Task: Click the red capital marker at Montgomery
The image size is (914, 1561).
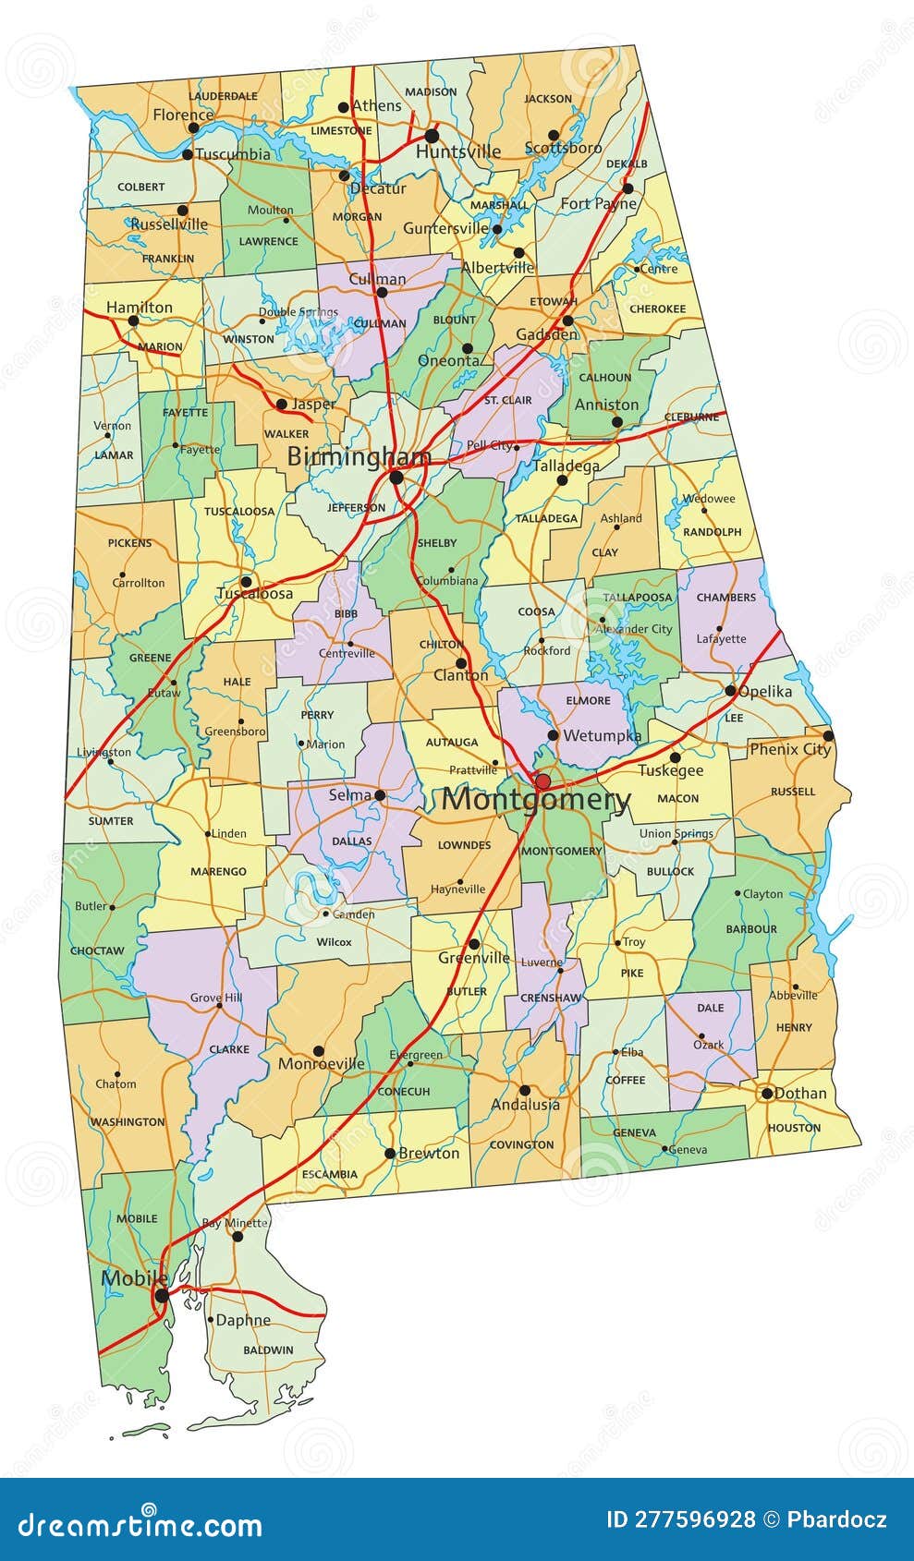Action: (542, 781)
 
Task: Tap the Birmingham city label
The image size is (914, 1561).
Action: (359, 456)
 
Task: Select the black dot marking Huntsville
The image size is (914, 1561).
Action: (432, 136)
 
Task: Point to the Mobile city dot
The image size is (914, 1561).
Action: (162, 1296)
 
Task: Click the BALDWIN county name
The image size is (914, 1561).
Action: (268, 1349)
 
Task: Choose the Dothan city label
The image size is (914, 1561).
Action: (800, 1093)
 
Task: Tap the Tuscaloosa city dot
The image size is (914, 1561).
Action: (246, 582)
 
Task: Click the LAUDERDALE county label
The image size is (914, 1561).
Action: (223, 96)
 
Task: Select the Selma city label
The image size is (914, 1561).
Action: (349, 794)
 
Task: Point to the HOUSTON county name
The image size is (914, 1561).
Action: (794, 1128)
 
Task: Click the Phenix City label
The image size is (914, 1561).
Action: (789, 749)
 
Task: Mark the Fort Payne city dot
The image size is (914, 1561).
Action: (628, 188)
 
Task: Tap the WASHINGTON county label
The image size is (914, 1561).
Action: (128, 1121)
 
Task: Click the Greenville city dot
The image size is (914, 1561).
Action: (473, 944)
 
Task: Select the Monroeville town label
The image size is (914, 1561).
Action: (321, 1063)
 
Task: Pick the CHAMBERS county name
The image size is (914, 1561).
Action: (725, 598)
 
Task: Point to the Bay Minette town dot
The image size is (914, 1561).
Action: (238, 1236)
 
